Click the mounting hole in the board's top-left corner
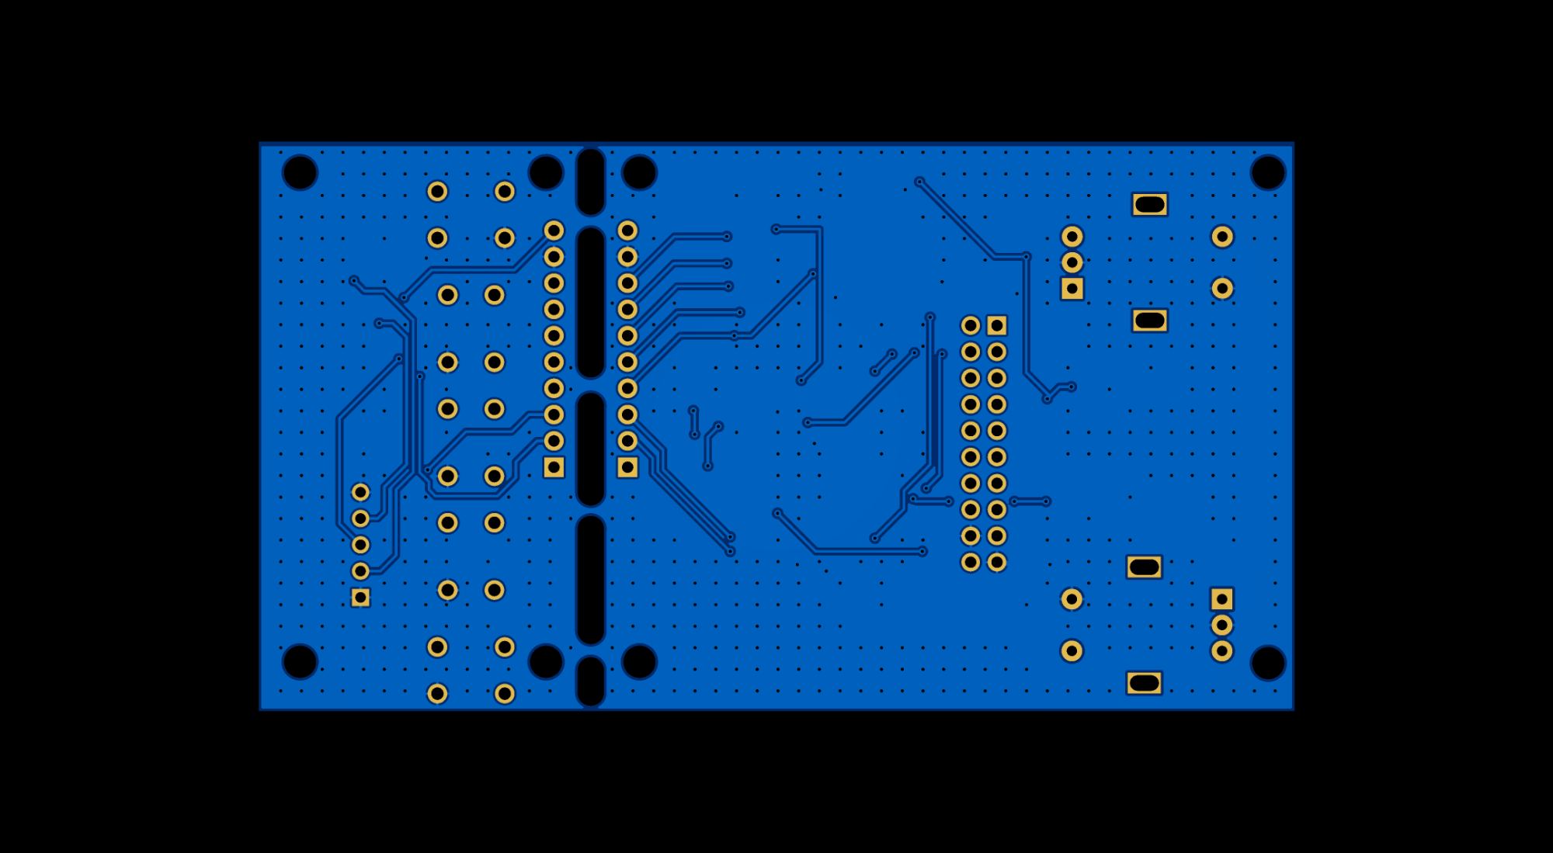(x=300, y=172)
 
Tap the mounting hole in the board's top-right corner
(x=1267, y=172)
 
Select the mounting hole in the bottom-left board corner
(x=300, y=661)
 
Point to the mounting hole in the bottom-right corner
(x=1267, y=664)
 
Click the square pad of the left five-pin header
(x=360, y=597)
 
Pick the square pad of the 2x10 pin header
(x=997, y=325)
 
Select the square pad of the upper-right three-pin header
(x=1072, y=289)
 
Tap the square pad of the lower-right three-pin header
(x=1221, y=599)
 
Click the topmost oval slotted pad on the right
(x=1149, y=205)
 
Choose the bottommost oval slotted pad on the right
(x=1144, y=683)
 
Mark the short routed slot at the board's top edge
(x=590, y=182)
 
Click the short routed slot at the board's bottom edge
(x=590, y=681)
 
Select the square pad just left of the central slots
(x=554, y=467)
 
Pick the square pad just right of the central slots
(x=627, y=467)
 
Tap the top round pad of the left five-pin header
(x=360, y=492)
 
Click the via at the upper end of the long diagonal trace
(x=919, y=182)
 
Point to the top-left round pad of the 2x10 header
(x=971, y=325)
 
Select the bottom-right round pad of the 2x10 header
(x=997, y=562)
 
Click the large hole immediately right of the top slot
(x=639, y=172)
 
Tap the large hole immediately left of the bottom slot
(x=545, y=661)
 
